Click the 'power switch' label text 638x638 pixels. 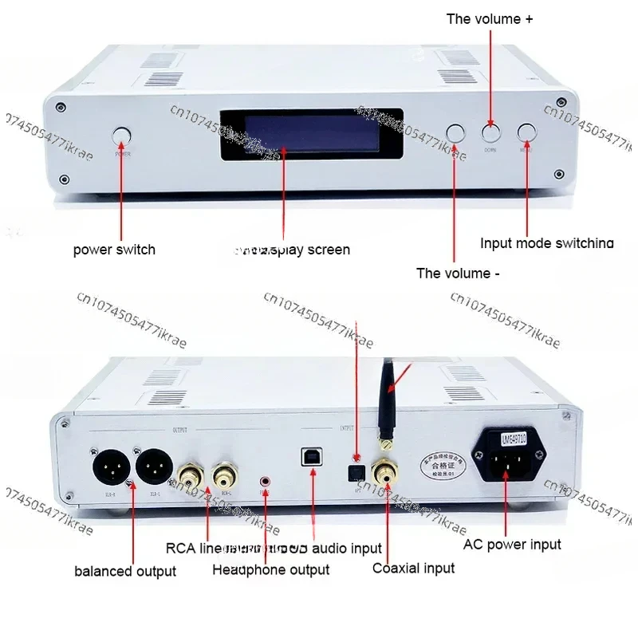[114, 250]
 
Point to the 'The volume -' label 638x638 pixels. [458, 274]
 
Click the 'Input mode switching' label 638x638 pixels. [547, 243]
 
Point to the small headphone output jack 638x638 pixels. [266, 482]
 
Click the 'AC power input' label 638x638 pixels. [512, 545]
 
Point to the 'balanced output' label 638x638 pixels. [125, 571]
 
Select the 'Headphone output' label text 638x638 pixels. [270, 569]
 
